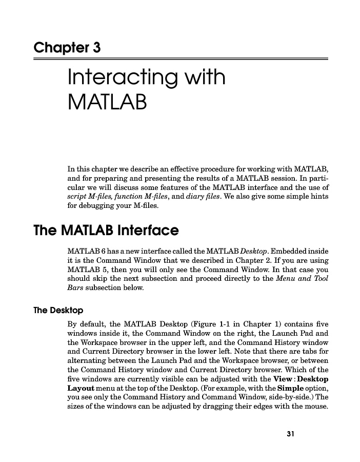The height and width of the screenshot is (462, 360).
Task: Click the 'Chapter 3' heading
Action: (67, 48)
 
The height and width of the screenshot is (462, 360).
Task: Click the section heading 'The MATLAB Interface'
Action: (106, 231)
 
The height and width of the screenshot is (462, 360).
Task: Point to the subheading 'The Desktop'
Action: (58, 311)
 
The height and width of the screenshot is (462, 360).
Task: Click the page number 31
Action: (290, 434)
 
